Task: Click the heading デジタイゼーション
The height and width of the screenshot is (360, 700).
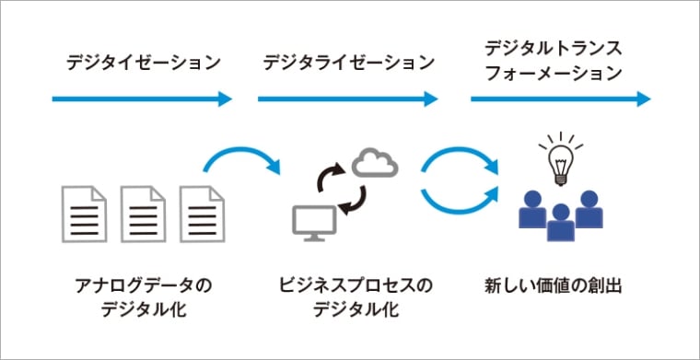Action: coord(144,63)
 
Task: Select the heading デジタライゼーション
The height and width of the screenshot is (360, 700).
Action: coord(348,63)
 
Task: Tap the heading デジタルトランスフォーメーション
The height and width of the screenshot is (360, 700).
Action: coord(553,58)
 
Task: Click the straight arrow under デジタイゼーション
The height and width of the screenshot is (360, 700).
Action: coord(143,99)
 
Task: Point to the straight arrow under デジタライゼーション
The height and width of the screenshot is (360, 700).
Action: coord(348,99)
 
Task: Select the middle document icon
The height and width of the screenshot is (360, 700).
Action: coord(142,215)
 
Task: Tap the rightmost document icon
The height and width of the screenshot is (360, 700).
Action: coord(202,215)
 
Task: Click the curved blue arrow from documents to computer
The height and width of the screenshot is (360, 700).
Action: coord(241,157)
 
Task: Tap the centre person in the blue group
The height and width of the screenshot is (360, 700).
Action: coord(559,220)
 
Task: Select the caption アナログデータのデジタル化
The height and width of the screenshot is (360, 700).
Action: coord(142,296)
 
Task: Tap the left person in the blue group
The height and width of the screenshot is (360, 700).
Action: coord(532,209)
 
